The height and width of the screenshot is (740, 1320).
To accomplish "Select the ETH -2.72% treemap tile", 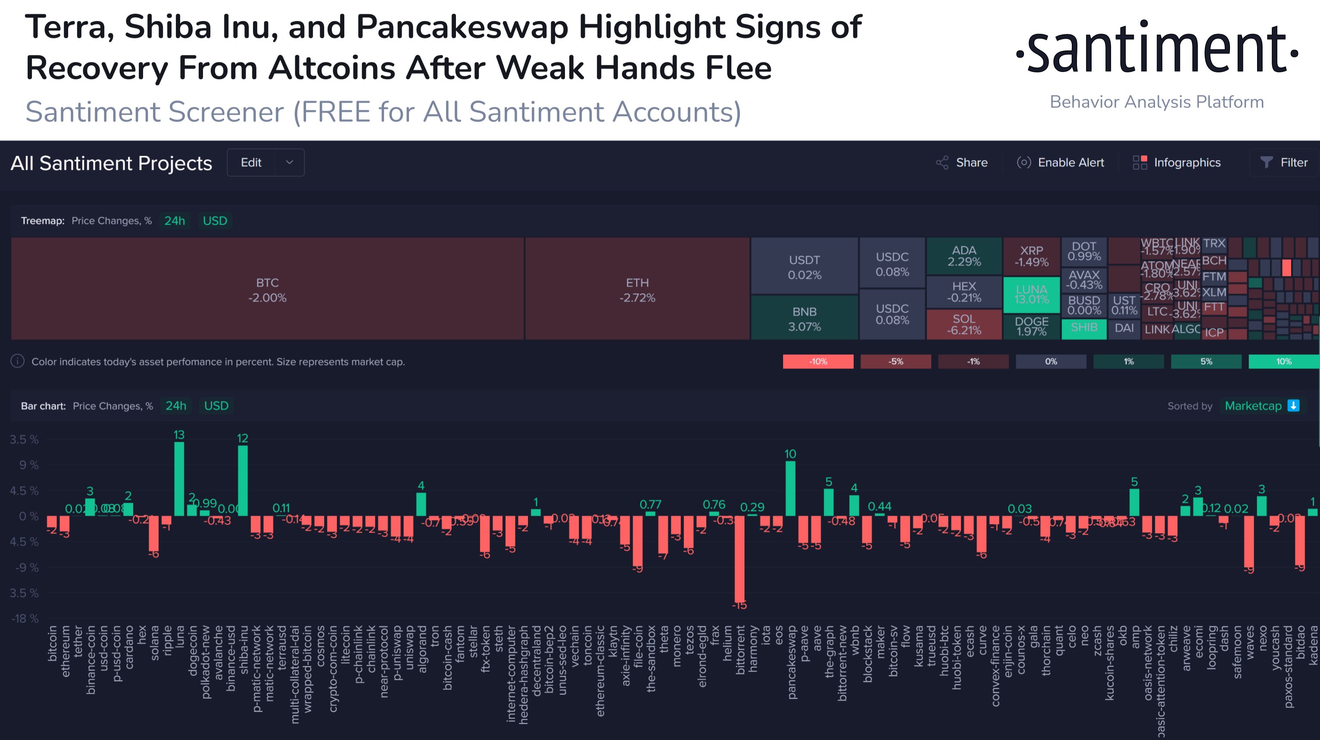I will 637,289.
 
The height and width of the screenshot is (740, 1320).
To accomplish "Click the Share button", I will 962,162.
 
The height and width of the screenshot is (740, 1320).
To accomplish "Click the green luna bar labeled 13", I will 179,479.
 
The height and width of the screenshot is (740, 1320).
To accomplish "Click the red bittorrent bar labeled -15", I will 739,559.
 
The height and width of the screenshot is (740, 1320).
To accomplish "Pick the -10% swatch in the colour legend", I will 818,361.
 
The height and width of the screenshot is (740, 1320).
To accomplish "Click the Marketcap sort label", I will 1253,406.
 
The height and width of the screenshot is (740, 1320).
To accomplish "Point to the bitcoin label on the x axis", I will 52,643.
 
